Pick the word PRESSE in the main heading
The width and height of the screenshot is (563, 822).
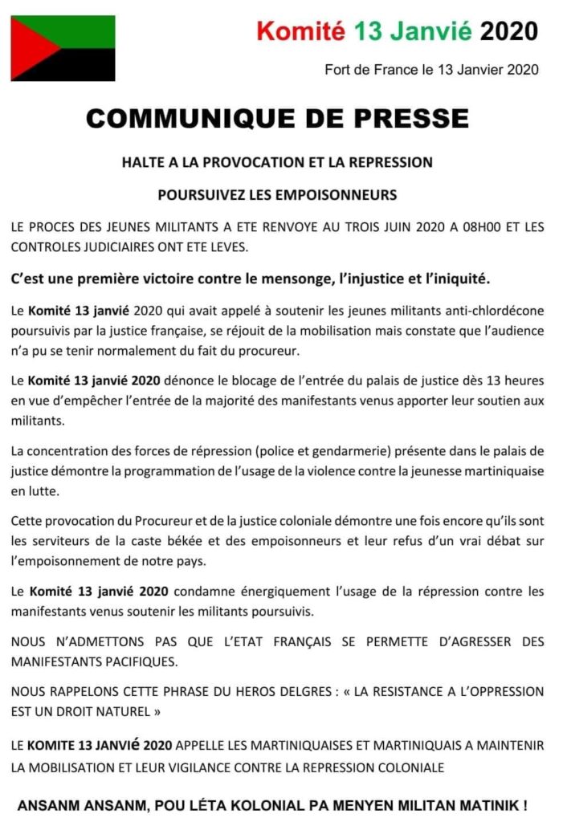414,119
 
